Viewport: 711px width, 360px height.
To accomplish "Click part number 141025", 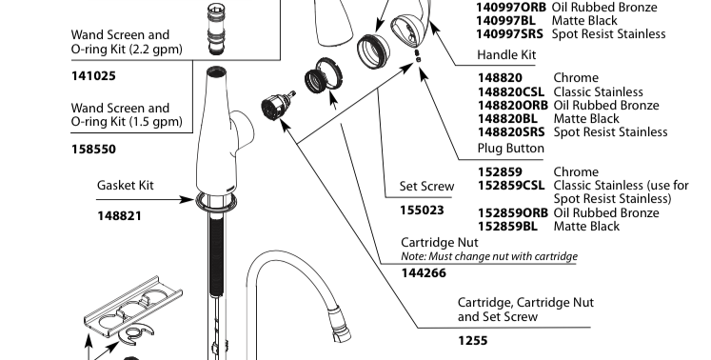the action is point(93,76).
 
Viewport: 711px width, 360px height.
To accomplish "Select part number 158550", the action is point(93,150).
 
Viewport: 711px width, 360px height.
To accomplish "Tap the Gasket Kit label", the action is point(125,185).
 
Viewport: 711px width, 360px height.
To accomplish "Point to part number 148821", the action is point(119,216).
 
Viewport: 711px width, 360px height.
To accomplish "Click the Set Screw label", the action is point(426,186).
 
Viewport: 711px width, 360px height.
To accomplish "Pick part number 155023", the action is point(422,210).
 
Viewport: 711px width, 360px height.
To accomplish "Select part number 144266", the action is point(424,272).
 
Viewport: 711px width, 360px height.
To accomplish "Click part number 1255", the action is point(473,341).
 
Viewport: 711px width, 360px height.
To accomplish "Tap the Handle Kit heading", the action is point(506,55).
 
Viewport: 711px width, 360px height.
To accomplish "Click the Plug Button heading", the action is point(510,149).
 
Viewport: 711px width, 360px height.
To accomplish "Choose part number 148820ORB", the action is point(513,106).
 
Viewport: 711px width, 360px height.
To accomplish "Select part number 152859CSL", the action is point(511,185).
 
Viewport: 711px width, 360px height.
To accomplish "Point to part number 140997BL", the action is point(505,20).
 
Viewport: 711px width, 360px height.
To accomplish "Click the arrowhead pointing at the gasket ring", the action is point(188,199).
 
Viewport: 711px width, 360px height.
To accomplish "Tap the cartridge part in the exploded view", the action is point(278,104).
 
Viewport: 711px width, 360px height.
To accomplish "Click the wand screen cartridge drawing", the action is point(216,30).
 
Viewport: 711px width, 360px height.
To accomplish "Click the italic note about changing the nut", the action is point(489,256).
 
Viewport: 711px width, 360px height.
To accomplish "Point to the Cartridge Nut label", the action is point(440,242).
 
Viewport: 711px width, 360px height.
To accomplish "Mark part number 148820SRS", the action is point(511,132).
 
